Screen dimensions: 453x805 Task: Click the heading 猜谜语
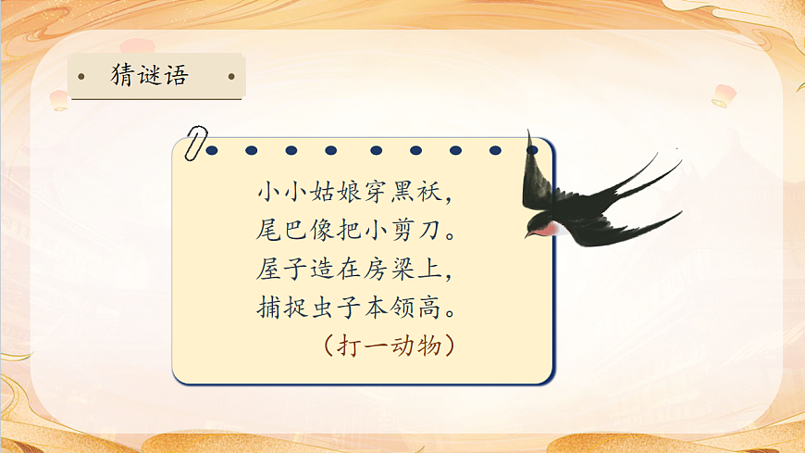point(149,76)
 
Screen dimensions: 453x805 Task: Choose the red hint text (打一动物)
point(388,346)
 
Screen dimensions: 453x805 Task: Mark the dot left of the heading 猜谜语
point(82,76)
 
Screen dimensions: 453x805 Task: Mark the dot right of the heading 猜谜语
point(231,76)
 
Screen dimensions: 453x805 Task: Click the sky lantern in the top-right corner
point(724,94)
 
